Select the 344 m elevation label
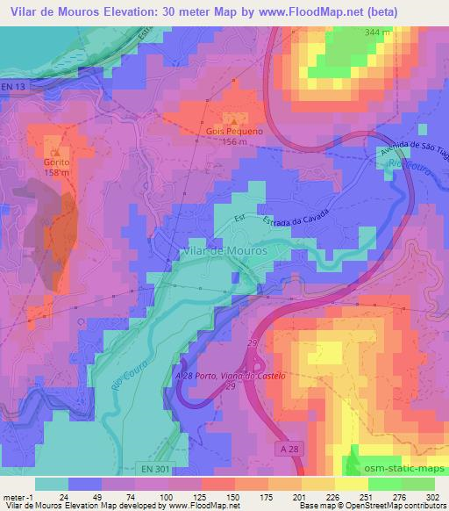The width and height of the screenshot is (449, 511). coord(379,32)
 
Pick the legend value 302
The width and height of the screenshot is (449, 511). coord(431,497)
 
